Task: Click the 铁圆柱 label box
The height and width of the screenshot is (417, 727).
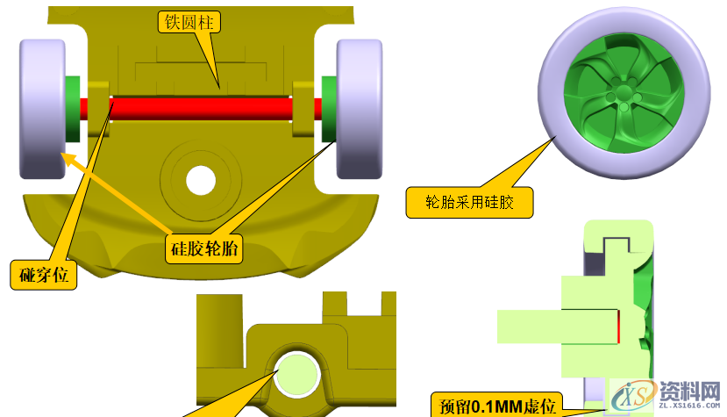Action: click(x=188, y=22)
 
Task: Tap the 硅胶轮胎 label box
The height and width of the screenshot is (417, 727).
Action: click(x=204, y=248)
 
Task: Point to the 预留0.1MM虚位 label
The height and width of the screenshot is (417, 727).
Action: click(x=496, y=406)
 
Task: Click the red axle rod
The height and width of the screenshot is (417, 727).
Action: click(x=202, y=108)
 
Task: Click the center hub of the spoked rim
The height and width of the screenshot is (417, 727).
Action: click(x=624, y=90)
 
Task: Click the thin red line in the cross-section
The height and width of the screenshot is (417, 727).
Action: click(x=617, y=327)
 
